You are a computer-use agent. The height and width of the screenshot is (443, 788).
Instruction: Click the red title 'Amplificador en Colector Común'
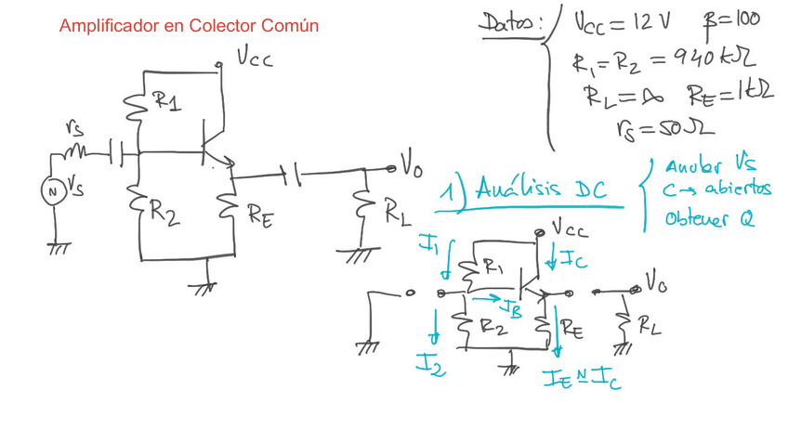click(189, 26)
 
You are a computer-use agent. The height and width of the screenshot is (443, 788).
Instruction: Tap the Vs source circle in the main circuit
click(52, 190)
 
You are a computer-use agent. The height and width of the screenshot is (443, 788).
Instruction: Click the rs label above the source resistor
click(76, 131)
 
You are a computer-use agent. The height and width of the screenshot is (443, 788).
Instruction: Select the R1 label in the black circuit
click(166, 102)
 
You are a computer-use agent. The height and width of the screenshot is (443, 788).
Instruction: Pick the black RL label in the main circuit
click(397, 212)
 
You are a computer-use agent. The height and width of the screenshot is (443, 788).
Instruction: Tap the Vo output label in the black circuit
click(412, 167)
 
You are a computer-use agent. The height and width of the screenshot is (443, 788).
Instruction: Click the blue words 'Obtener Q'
click(709, 219)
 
